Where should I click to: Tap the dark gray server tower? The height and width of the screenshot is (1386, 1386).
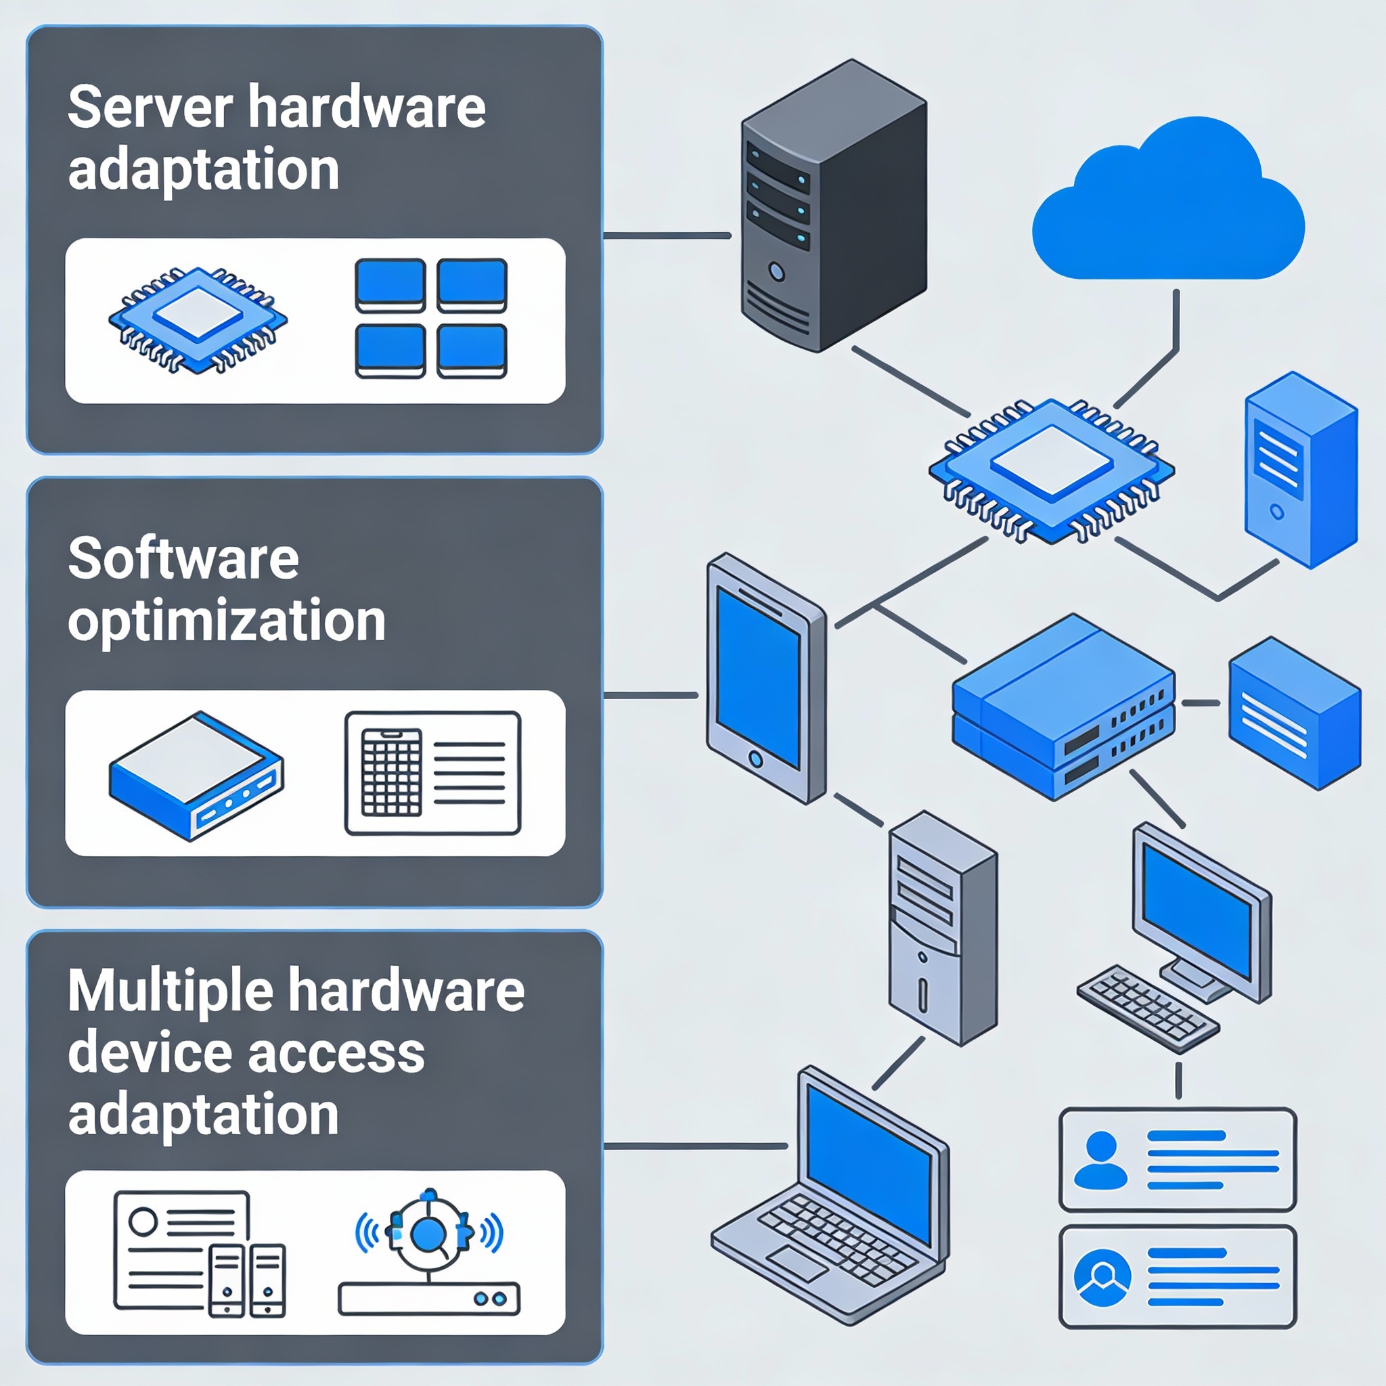[x=832, y=208]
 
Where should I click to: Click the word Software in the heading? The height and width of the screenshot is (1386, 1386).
[x=183, y=560]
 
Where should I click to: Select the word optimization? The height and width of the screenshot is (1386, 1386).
[x=227, y=621]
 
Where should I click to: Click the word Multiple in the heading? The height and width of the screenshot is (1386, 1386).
[x=170, y=991]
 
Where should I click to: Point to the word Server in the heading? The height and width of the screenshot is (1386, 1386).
[x=150, y=108]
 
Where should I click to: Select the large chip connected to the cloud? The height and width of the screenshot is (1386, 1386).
[x=1051, y=470]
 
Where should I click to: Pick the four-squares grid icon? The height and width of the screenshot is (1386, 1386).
[x=431, y=318]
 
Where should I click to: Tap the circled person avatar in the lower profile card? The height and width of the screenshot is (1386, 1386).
[x=1102, y=1278]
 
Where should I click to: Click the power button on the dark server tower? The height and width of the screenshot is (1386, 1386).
[x=776, y=272]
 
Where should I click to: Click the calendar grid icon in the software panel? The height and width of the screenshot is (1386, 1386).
[x=391, y=772]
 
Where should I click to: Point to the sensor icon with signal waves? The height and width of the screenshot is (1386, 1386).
[x=429, y=1233]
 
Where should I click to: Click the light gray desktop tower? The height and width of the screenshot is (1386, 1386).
[x=942, y=929]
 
